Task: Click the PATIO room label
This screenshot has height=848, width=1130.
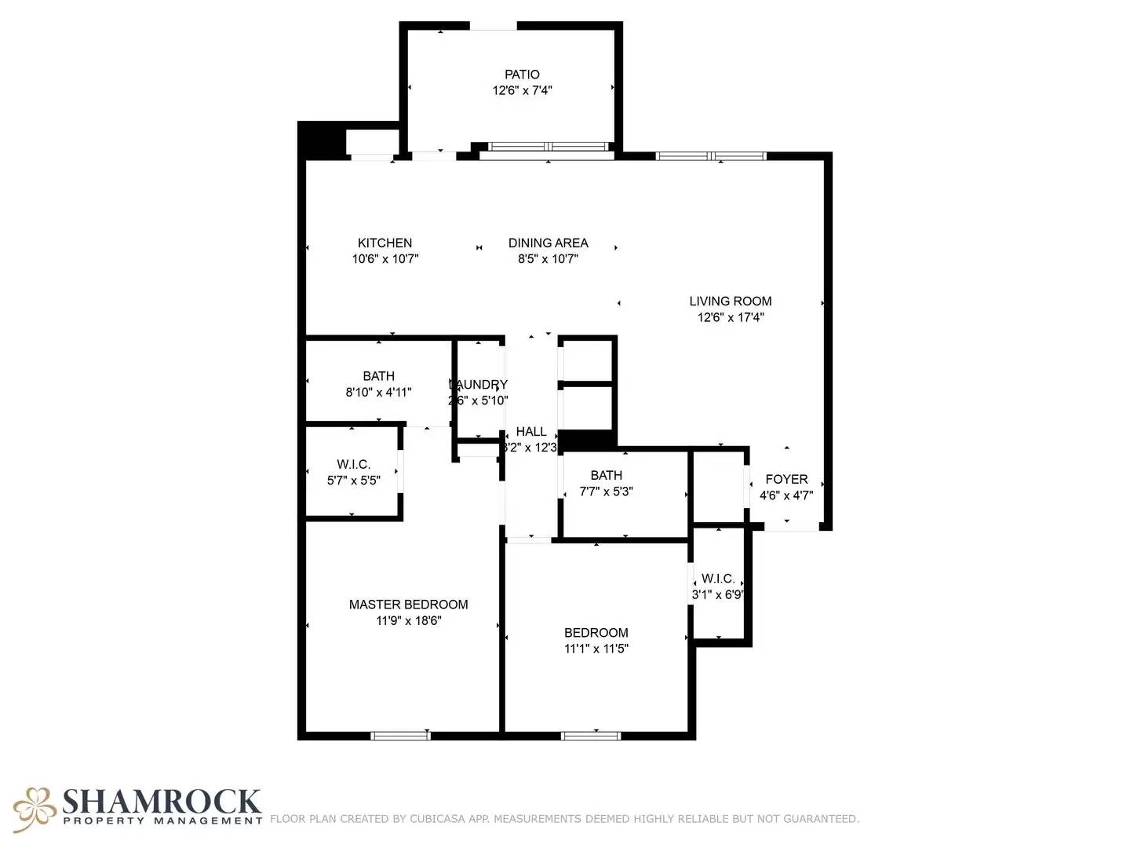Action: pyautogui.click(x=522, y=75)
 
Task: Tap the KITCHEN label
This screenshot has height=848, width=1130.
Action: pyautogui.click(x=385, y=243)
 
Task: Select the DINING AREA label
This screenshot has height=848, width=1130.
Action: pyautogui.click(x=548, y=243)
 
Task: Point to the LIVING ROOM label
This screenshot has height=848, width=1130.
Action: pyautogui.click(x=730, y=302)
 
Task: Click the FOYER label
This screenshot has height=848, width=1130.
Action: pyautogui.click(x=786, y=480)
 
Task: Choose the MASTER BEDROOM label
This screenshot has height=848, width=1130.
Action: pyautogui.click(x=408, y=605)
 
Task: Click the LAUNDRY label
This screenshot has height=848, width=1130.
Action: pyautogui.click(x=479, y=385)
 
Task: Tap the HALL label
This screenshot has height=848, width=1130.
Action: pyautogui.click(x=531, y=432)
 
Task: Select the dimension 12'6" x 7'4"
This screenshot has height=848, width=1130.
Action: pyautogui.click(x=522, y=90)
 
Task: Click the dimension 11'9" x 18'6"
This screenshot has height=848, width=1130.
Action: pyautogui.click(x=408, y=621)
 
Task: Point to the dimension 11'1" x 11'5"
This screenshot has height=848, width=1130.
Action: pyautogui.click(x=596, y=649)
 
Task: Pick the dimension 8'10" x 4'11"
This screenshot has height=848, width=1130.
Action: pyautogui.click(x=378, y=393)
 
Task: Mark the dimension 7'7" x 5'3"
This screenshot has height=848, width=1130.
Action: pyautogui.click(x=606, y=492)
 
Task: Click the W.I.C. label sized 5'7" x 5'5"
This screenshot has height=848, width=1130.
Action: pyautogui.click(x=353, y=465)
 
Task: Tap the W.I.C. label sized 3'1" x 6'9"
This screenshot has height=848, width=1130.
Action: pyautogui.click(x=718, y=579)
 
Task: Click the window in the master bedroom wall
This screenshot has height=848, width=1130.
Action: pyautogui.click(x=400, y=736)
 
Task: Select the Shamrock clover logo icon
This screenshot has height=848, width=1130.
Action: pyautogui.click(x=35, y=809)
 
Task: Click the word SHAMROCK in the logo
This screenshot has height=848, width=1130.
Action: pyautogui.click(x=161, y=802)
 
